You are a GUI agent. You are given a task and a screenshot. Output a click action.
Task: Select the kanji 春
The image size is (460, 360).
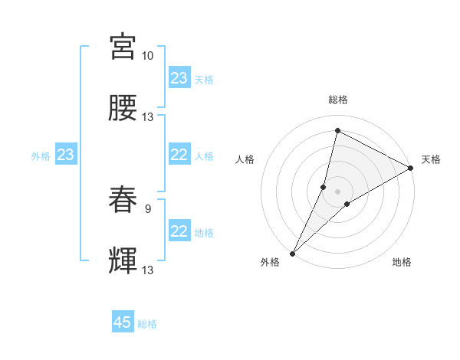click(123, 199)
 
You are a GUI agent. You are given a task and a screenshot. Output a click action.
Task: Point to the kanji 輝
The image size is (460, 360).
click(123, 260)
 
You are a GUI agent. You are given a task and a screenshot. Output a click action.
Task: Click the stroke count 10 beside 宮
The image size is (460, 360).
click(147, 56)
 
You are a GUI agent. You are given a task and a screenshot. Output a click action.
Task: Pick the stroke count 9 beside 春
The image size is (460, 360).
click(147, 208)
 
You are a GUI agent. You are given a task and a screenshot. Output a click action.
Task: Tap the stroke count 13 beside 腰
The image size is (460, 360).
click(147, 116)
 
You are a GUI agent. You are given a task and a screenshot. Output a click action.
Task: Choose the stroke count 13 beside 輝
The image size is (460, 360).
click(147, 270)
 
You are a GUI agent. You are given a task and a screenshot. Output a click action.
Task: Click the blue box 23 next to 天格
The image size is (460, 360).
click(179, 78)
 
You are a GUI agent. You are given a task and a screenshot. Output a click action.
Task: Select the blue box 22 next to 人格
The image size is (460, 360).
click(179, 155)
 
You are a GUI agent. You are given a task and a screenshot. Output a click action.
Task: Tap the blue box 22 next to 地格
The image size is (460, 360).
click(179, 231)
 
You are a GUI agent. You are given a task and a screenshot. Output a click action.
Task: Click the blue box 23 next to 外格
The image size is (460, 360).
click(66, 155)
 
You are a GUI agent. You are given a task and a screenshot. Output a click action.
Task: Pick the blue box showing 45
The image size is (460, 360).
click(123, 322)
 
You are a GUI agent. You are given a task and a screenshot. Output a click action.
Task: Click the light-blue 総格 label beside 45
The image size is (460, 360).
click(147, 324)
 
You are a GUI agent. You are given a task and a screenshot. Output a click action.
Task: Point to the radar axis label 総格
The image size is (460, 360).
click(337, 100)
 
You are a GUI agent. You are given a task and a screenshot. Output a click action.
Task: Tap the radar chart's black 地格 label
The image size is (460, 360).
click(402, 262)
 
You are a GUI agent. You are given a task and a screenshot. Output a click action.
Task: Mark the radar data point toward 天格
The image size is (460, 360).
click(411, 169)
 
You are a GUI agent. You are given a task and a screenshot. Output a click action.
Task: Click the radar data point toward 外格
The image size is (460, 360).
click(292, 253)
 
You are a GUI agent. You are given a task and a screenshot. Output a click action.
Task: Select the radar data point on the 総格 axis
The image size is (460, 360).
click(337, 130)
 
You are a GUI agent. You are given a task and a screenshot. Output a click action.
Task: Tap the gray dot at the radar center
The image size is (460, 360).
click(337, 181)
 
